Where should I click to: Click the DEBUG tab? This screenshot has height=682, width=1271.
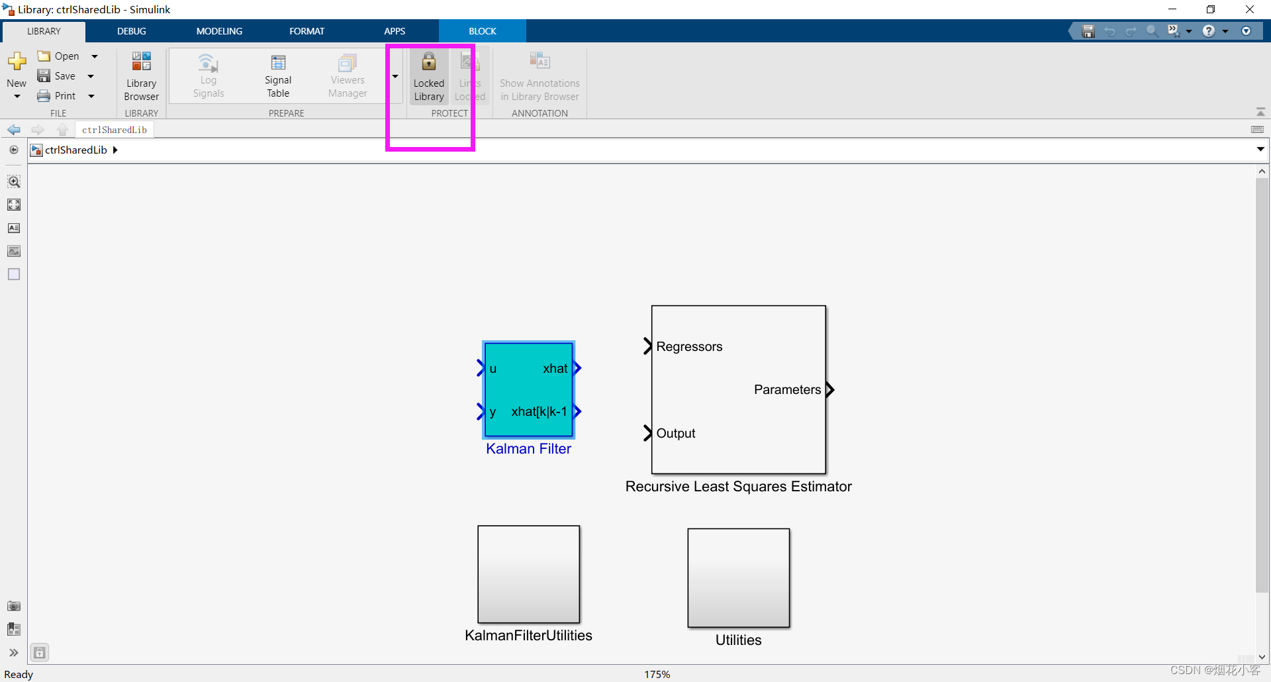pyautogui.click(x=131, y=31)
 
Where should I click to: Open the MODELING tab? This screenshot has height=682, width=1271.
pyautogui.click(x=219, y=31)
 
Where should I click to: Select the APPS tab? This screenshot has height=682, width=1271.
pyautogui.click(x=395, y=31)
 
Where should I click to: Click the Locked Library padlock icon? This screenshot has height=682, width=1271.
pyautogui.click(x=429, y=62)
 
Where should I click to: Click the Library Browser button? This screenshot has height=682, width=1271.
pyautogui.click(x=141, y=76)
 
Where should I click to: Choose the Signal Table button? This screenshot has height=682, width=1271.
pyautogui.click(x=278, y=76)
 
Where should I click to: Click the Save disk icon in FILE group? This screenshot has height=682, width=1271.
pyautogui.click(x=44, y=76)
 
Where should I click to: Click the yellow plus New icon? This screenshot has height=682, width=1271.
pyautogui.click(x=17, y=62)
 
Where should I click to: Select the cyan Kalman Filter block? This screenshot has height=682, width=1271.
pyautogui.click(x=528, y=390)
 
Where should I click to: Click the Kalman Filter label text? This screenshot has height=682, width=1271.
pyautogui.click(x=528, y=449)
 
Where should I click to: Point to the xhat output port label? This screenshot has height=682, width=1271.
pyautogui.click(x=555, y=369)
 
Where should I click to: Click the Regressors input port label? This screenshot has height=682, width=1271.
pyautogui.click(x=689, y=347)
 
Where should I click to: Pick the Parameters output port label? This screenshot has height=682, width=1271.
pyautogui.click(x=787, y=390)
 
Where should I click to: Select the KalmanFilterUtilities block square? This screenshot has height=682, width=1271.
pyautogui.click(x=528, y=574)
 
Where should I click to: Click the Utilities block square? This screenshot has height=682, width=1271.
pyautogui.click(x=738, y=577)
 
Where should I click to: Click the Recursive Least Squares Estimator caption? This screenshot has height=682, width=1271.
pyautogui.click(x=738, y=487)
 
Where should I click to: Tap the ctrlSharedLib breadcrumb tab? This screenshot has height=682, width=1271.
pyautogui.click(x=115, y=130)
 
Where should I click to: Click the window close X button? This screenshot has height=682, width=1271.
pyautogui.click(x=1249, y=9)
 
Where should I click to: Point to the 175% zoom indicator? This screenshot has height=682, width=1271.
pyautogui.click(x=657, y=674)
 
